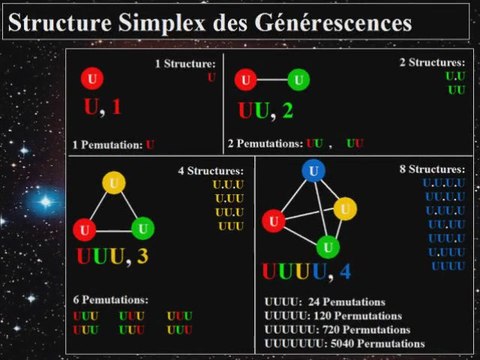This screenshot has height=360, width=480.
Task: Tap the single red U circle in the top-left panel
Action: pos(93,78)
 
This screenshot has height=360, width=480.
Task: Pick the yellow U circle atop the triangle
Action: pos(114,183)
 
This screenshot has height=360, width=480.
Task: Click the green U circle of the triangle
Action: pos(142,227)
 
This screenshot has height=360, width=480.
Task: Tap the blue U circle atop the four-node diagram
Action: pos(315,171)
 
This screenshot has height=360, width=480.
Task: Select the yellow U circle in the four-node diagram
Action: pos(345,208)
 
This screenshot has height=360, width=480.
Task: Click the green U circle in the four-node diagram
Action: pos(326,246)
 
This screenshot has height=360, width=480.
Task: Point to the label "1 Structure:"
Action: pos(185,64)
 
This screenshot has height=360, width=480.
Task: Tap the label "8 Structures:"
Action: pos(431,170)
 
